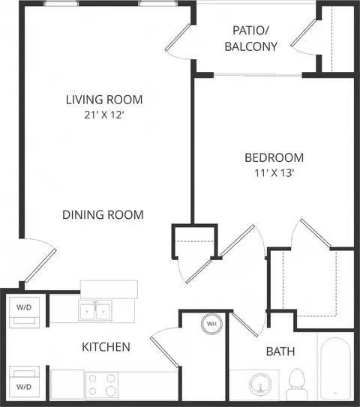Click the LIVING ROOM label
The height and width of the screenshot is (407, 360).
click(104, 100)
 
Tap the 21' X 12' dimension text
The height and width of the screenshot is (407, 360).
click(103, 115)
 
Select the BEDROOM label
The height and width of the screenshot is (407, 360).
click(274, 158)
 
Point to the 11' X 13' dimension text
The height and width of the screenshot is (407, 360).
click(274, 173)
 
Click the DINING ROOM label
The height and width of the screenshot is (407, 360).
click(103, 215)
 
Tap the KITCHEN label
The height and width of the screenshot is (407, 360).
click(106, 347)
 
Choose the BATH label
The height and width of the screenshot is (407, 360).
click(280, 352)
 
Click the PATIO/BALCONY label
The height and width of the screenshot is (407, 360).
click(251, 39)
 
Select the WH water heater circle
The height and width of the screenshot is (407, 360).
click(212, 324)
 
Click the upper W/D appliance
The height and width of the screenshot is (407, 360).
click(25, 313)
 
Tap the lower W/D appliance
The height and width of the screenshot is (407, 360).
click(25, 382)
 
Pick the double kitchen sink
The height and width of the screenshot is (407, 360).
click(95, 310)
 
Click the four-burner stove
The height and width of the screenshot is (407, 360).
click(102, 385)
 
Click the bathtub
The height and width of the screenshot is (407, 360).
click(335, 369)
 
